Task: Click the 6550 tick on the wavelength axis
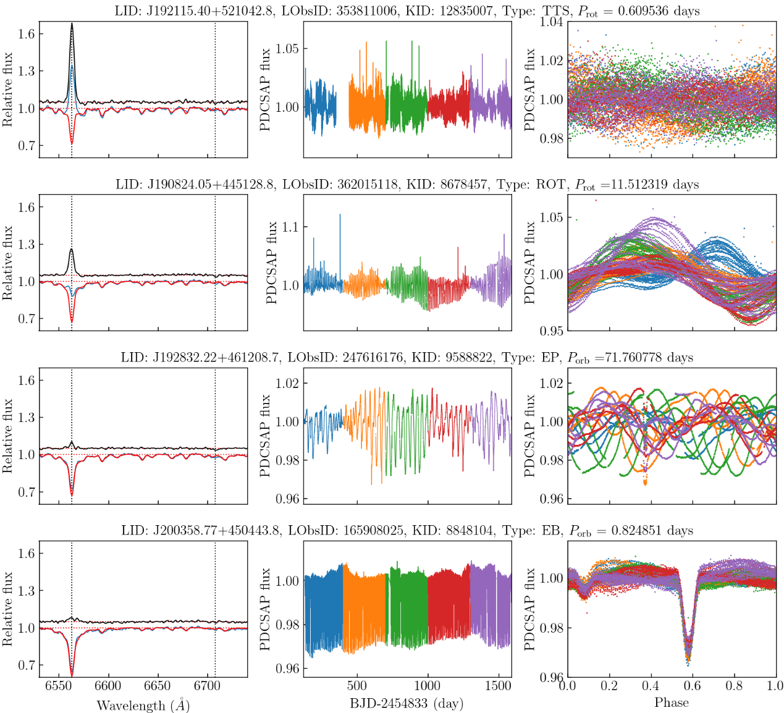pyautogui.click(x=59, y=686)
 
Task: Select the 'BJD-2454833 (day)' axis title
pyautogui.click(x=407, y=703)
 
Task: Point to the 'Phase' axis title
pyautogui.click(x=672, y=702)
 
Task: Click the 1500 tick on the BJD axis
pyautogui.click(x=498, y=686)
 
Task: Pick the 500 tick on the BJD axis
pyautogui.click(x=356, y=686)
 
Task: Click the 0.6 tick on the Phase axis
pyautogui.click(x=692, y=686)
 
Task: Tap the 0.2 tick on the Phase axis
pyautogui.click(x=609, y=686)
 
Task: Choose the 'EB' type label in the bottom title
pyautogui.click(x=548, y=530)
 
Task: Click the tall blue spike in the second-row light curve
pyautogui.click(x=340, y=215)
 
